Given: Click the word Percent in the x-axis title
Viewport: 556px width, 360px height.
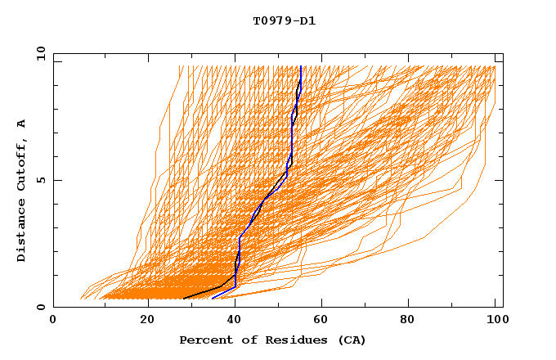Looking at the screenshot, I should [x=204, y=340].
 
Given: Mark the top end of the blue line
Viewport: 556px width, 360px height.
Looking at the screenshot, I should [x=301, y=66].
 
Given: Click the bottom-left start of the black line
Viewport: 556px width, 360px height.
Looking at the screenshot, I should [x=184, y=298].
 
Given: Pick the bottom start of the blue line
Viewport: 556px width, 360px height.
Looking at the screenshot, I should [x=213, y=298].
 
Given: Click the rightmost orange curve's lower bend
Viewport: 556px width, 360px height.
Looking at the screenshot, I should [x=424, y=237].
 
